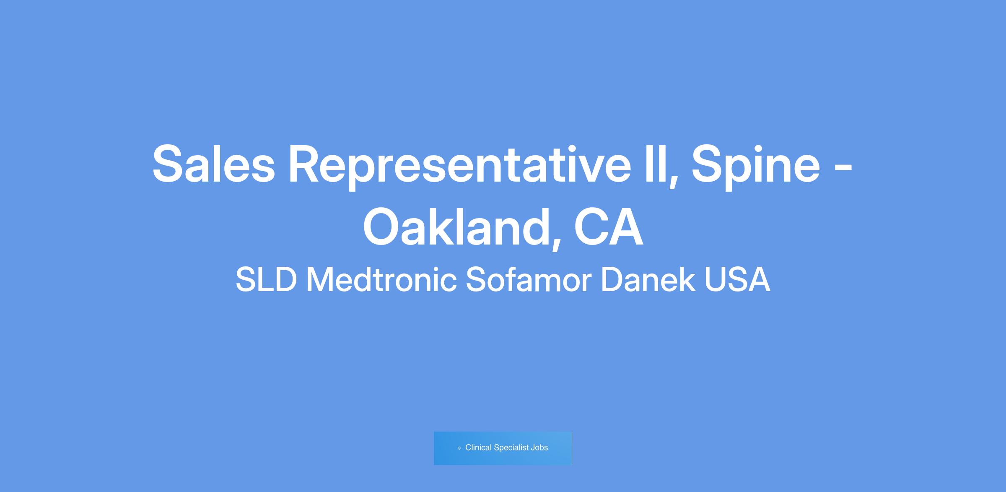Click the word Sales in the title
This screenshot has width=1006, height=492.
click(x=214, y=164)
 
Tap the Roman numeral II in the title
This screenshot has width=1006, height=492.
click(x=656, y=164)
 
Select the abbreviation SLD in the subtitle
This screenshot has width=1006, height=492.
click(x=266, y=280)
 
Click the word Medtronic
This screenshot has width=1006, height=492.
click(x=381, y=280)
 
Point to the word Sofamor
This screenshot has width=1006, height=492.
click(x=529, y=280)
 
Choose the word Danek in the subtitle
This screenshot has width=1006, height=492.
click(x=648, y=280)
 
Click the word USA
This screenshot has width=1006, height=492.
click(x=737, y=280)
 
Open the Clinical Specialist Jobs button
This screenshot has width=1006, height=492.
click(x=503, y=448)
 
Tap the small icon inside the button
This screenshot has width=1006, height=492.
click(x=459, y=448)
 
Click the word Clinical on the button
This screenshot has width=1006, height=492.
click(x=478, y=448)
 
